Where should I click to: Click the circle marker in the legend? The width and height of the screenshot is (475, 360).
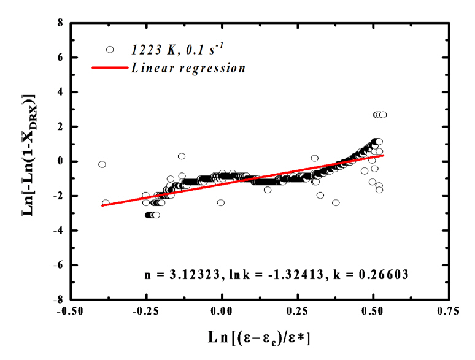110,50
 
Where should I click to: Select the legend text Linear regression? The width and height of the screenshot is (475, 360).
188,68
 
